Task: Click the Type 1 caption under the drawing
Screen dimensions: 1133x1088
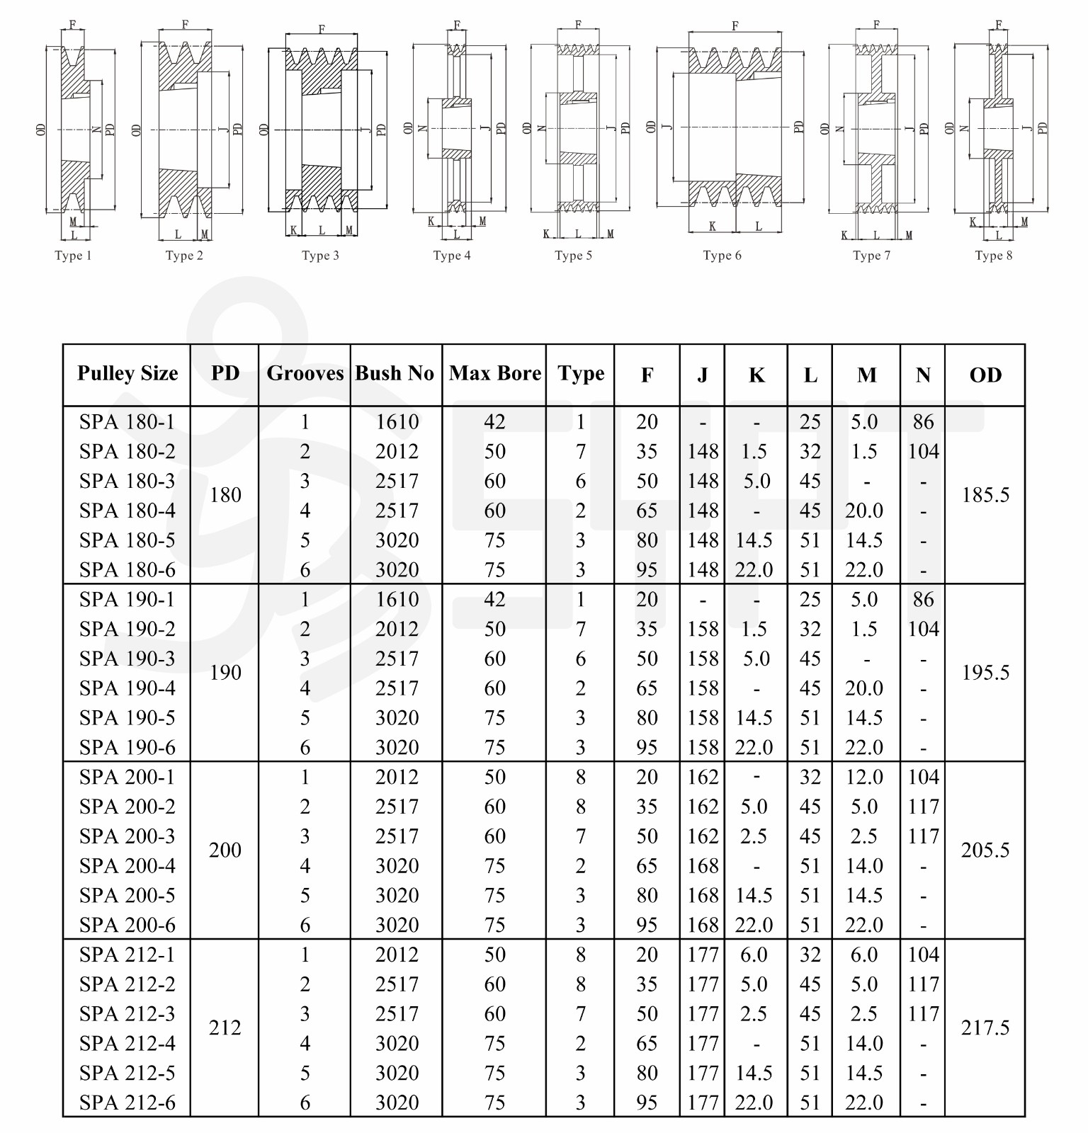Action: (73, 256)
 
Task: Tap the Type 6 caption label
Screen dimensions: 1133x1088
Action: (722, 256)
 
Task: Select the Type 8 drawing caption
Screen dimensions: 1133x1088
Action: (993, 256)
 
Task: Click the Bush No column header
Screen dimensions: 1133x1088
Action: (395, 373)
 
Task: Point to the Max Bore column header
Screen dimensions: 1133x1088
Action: (494, 373)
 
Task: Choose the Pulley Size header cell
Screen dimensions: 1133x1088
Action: (127, 373)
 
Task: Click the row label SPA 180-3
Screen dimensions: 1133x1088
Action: (127, 482)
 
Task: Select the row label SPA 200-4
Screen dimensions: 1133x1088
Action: (127, 866)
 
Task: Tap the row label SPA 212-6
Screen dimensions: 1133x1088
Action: (127, 1103)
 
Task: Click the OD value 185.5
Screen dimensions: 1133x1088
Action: (985, 495)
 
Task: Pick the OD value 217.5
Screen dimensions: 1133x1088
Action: (985, 1027)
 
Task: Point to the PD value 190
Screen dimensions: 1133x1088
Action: (225, 673)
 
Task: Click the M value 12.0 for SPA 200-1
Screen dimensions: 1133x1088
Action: (864, 778)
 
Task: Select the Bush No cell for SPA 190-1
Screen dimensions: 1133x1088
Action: (397, 600)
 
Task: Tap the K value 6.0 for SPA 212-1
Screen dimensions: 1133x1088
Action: (754, 955)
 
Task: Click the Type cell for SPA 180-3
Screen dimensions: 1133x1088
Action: (581, 482)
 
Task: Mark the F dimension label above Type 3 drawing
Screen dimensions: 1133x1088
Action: (322, 29)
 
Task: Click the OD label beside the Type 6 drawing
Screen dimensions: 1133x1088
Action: (651, 127)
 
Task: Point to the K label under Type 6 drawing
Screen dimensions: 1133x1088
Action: (712, 227)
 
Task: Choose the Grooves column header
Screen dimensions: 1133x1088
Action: (305, 373)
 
